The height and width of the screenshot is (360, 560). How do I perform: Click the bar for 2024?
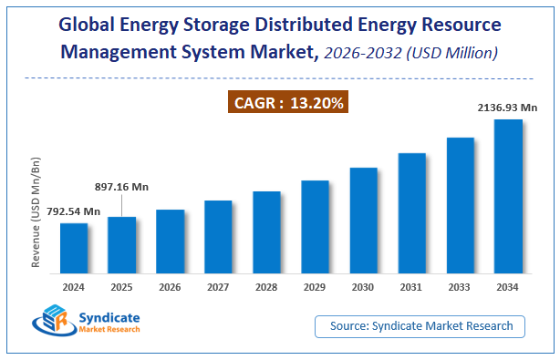coord(74,248)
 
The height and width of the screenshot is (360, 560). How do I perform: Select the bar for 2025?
coord(122,244)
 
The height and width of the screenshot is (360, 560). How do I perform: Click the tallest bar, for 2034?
coord(508,196)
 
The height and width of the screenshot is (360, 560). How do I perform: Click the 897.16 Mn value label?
coord(121,187)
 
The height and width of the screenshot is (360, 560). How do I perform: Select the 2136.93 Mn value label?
coord(508,108)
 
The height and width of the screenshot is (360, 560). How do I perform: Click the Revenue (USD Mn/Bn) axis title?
coord(36,212)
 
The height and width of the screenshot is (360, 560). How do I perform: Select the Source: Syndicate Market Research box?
coord(421,325)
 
